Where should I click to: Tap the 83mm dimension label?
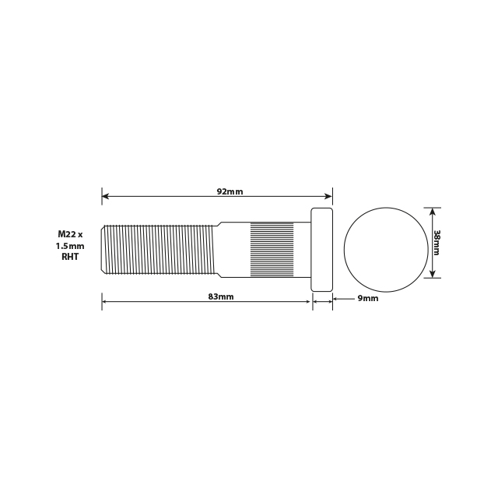tap(221, 296)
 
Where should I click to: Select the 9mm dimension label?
tap(367, 298)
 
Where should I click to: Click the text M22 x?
tap(75, 233)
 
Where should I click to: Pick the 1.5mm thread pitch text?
tap(70, 245)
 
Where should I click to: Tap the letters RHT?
tap(70, 257)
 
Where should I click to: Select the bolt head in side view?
tap(322, 249)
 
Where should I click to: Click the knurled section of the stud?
tap(272, 249)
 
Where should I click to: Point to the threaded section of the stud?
tap(160, 249)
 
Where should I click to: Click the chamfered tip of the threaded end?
tap(104, 249)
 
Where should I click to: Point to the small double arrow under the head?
tap(322, 303)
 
